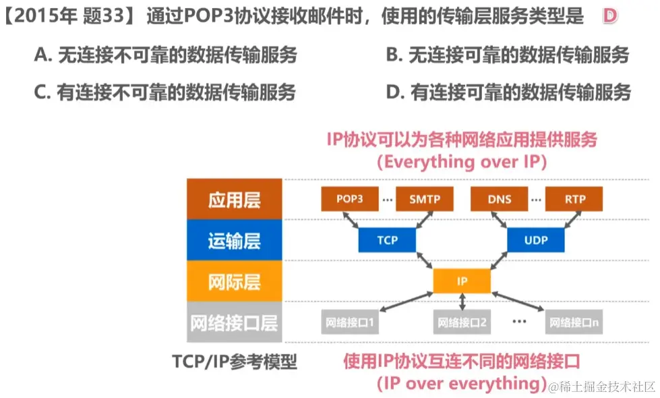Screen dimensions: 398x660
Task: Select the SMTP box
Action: (424, 199)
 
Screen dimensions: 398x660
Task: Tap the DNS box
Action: (499, 199)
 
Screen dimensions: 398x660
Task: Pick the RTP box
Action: (574, 199)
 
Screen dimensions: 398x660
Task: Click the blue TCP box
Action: (387, 240)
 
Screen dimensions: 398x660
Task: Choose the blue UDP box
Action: (536, 240)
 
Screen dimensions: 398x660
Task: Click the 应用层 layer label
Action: (234, 200)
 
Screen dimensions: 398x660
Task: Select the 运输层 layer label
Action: (234, 241)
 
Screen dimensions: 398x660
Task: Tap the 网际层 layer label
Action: (234, 282)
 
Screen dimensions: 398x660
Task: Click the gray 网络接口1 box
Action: (349, 323)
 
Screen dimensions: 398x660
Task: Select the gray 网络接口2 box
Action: (462, 323)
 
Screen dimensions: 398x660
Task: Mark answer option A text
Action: (165, 55)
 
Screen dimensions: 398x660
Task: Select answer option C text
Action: (165, 92)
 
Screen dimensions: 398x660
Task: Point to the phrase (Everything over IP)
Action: (462, 161)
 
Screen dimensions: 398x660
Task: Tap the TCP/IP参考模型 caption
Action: (234, 362)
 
